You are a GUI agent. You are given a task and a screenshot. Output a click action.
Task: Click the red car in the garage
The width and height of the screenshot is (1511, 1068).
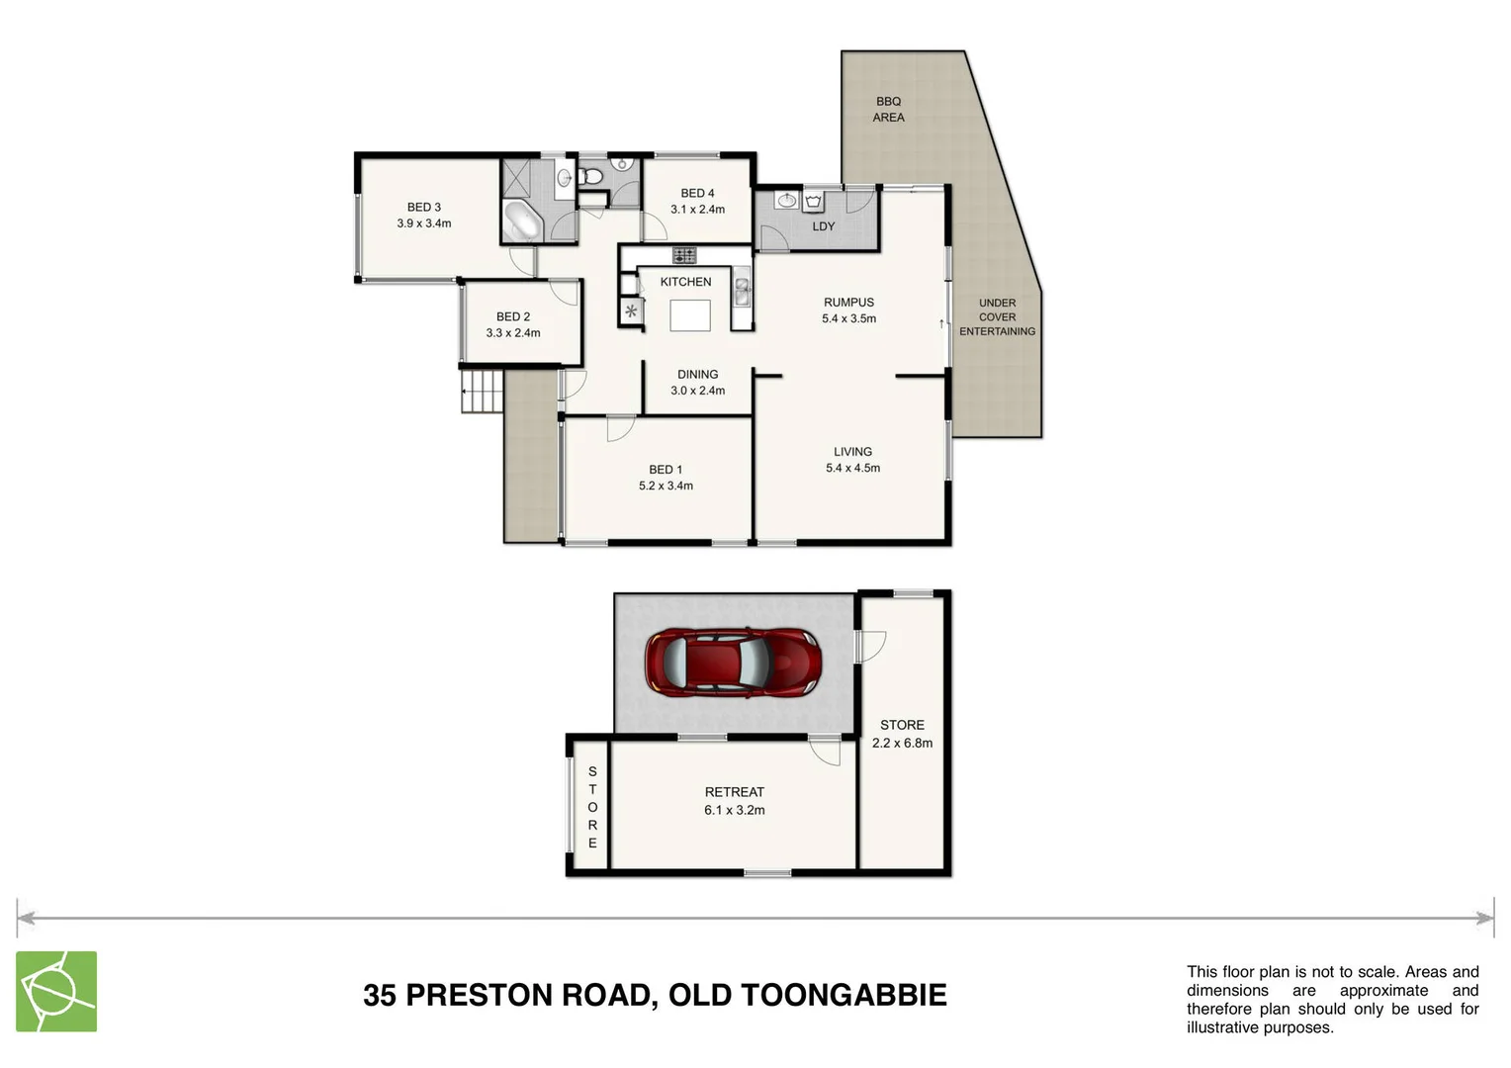(733, 661)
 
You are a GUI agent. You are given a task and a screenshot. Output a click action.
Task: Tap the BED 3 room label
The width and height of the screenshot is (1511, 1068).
(423, 207)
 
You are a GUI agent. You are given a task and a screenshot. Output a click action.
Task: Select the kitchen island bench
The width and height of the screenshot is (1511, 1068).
(690, 315)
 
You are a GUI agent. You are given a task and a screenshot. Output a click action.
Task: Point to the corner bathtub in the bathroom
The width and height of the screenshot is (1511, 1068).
(521, 220)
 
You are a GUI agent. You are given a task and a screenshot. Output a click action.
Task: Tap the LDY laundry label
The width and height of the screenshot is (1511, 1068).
(823, 226)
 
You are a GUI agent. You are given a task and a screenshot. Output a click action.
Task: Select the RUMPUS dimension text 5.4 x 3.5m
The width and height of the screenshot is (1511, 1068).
(848, 318)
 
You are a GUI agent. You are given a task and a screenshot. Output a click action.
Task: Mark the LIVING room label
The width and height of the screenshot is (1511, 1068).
(852, 452)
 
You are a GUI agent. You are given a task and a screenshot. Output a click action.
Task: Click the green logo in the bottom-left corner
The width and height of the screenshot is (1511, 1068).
(56, 991)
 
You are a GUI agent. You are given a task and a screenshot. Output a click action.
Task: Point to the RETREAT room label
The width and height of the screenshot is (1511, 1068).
(734, 792)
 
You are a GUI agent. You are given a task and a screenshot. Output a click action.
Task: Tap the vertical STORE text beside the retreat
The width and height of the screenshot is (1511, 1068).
(592, 807)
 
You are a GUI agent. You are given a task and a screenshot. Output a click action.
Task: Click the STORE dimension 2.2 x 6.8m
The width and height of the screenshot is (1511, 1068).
(902, 743)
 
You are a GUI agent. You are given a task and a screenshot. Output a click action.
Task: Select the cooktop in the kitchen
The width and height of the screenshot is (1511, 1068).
(684, 255)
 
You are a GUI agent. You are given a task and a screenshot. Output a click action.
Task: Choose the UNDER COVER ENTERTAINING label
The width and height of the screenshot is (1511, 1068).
(997, 317)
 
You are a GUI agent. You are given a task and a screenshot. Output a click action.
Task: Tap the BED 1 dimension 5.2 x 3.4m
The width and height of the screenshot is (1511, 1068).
(666, 486)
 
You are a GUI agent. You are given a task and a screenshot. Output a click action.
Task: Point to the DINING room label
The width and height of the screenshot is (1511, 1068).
(697, 375)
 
